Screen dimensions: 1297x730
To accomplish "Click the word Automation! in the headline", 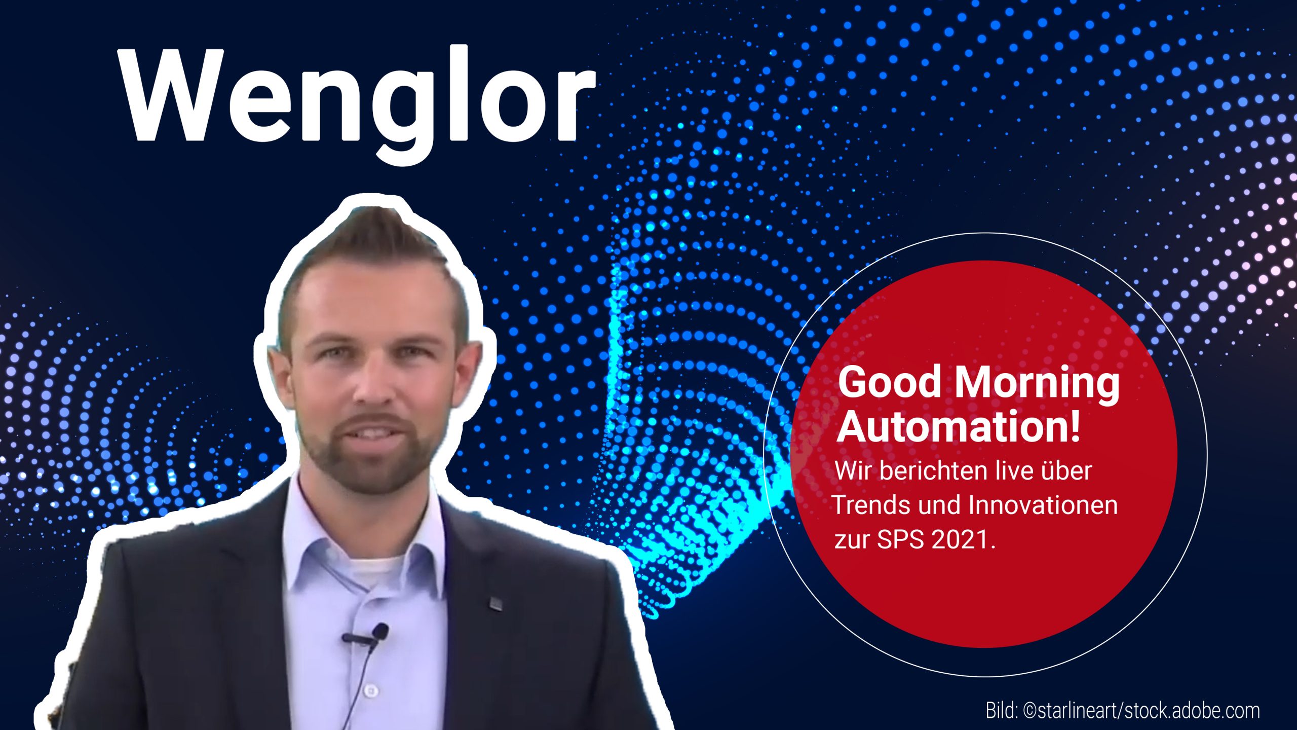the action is pos(959,427).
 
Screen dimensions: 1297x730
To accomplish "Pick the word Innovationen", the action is pos(1043,505).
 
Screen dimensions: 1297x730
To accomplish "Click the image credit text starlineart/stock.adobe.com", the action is pos(1147,711).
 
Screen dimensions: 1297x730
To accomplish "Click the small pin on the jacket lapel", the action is pos(495,603).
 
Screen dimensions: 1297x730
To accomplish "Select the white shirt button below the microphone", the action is pos(371,690).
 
